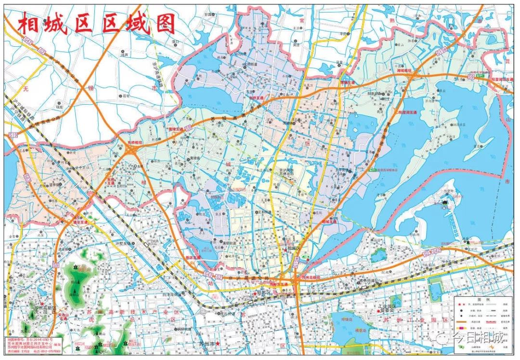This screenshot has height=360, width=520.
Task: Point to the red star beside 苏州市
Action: [x=218, y=344]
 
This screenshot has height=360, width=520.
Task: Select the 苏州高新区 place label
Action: [x=46, y=307]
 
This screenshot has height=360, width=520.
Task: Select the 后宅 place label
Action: [x=126, y=96]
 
